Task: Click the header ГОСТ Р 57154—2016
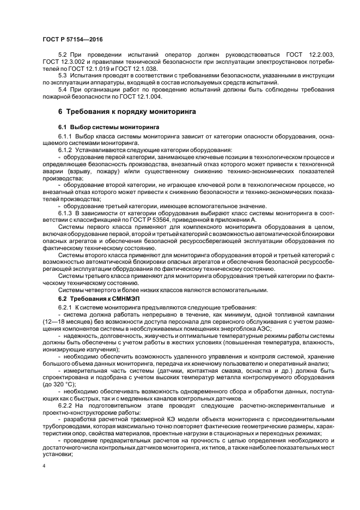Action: click(72, 39)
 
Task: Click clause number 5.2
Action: click(63, 55)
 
